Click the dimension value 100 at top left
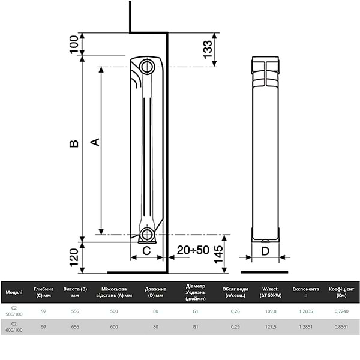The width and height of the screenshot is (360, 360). tap(74, 45)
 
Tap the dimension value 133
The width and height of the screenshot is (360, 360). tap(207, 49)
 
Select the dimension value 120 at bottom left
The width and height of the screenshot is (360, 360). tap(74, 257)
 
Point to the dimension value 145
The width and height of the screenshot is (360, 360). tap(218, 255)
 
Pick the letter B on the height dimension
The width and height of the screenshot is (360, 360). tap(73, 144)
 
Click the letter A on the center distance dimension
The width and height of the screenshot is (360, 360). tap(94, 142)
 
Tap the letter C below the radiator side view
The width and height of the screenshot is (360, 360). tap(146, 251)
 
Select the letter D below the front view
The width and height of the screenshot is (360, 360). tap(265, 251)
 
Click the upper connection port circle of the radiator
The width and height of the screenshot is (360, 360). tap(146, 66)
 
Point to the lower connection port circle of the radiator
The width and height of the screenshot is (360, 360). tap(146, 235)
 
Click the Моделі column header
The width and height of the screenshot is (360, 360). tap(14, 292)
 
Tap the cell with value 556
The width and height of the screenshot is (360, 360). tap(75, 311)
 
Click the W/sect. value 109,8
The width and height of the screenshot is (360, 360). tap(270, 311)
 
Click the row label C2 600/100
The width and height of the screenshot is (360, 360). tap(14, 327)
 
